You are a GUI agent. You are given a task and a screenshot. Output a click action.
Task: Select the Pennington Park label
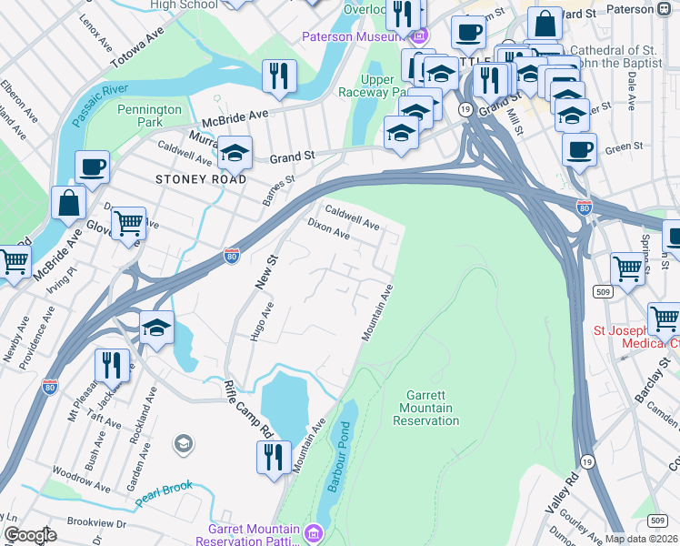click(151, 116)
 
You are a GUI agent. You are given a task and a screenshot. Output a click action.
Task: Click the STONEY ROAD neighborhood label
click(200, 179)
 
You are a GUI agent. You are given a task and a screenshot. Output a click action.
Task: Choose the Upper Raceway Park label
click(372, 86)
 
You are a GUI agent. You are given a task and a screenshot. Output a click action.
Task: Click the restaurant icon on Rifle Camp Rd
click(273, 457)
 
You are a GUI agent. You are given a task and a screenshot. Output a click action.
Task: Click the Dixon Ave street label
click(328, 227)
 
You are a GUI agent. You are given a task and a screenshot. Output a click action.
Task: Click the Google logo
click(29, 535)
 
